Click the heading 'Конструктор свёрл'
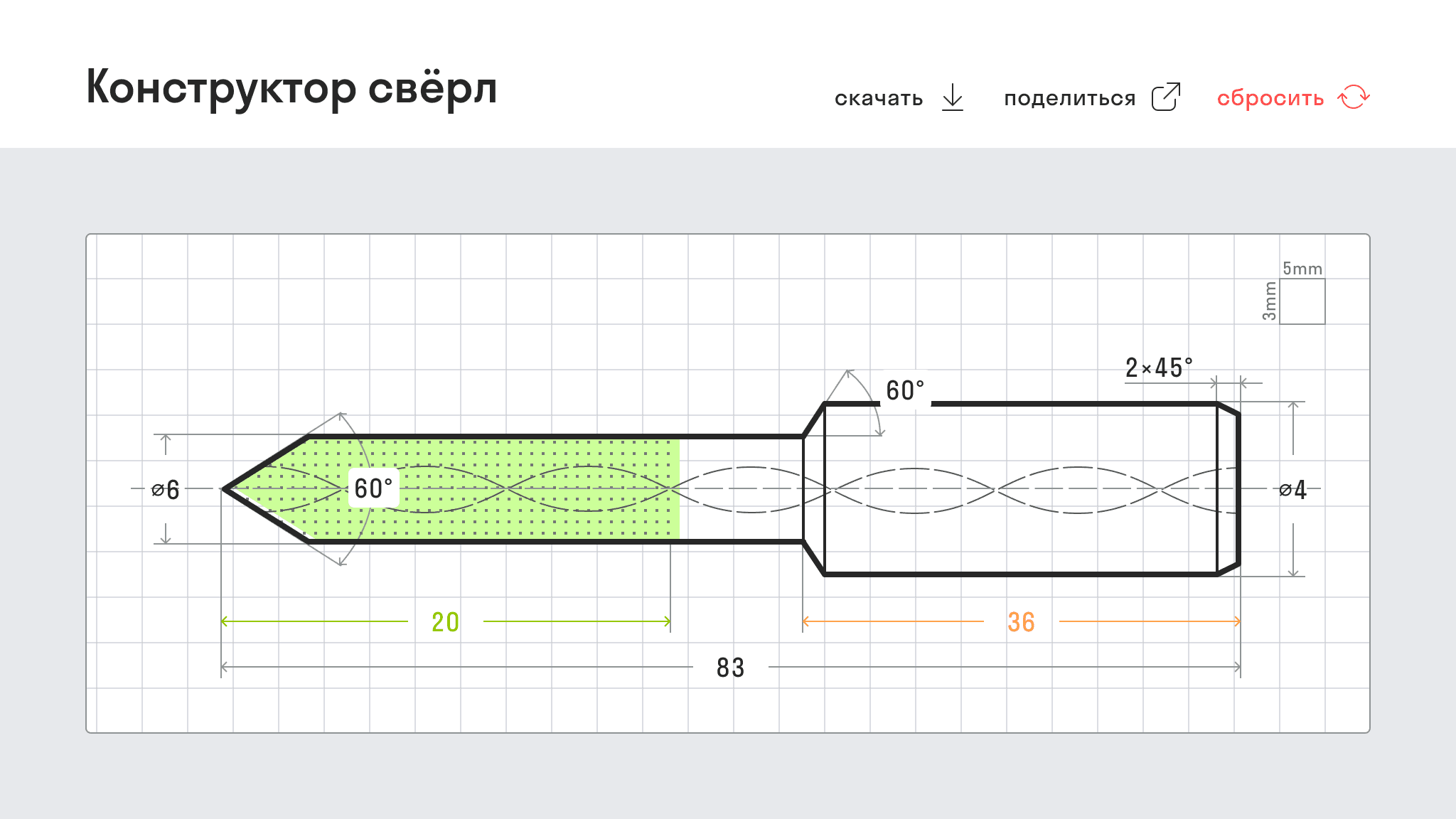291,88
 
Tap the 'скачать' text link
879,98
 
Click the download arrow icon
953,97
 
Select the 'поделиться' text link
1069,98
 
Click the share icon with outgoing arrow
1166,97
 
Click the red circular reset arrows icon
1354,97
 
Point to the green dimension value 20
446,622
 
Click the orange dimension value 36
1021,622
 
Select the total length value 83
731,668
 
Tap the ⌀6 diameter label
166,489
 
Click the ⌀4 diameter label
1292,489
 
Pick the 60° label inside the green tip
373,488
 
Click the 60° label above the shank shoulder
905,390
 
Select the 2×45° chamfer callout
1159,368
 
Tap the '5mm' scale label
1302,269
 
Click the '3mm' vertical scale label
1270,301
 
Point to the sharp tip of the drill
223,489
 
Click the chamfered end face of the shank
1238,489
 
